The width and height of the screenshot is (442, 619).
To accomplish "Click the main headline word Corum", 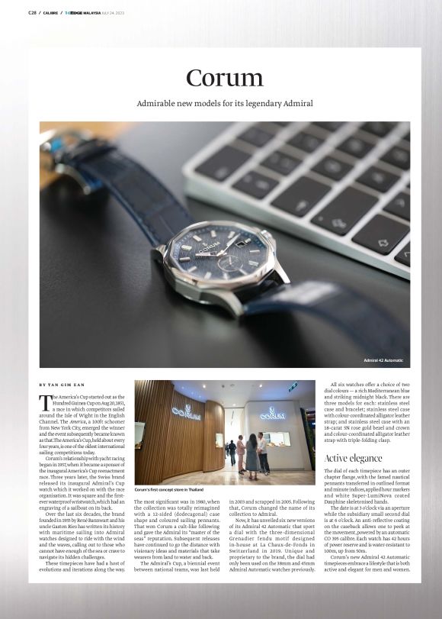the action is click(x=225, y=78).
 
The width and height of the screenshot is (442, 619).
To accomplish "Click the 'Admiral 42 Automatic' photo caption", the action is click(x=383, y=360).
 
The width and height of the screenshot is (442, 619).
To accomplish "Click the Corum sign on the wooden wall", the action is click(x=186, y=413).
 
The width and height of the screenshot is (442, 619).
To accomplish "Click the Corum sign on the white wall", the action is click(x=272, y=414).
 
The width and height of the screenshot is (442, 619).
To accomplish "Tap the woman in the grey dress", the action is click(x=251, y=455).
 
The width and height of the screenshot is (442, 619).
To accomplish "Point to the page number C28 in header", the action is click(x=32, y=12).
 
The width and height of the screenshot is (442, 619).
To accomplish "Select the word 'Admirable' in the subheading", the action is click(x=158, y=103).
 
